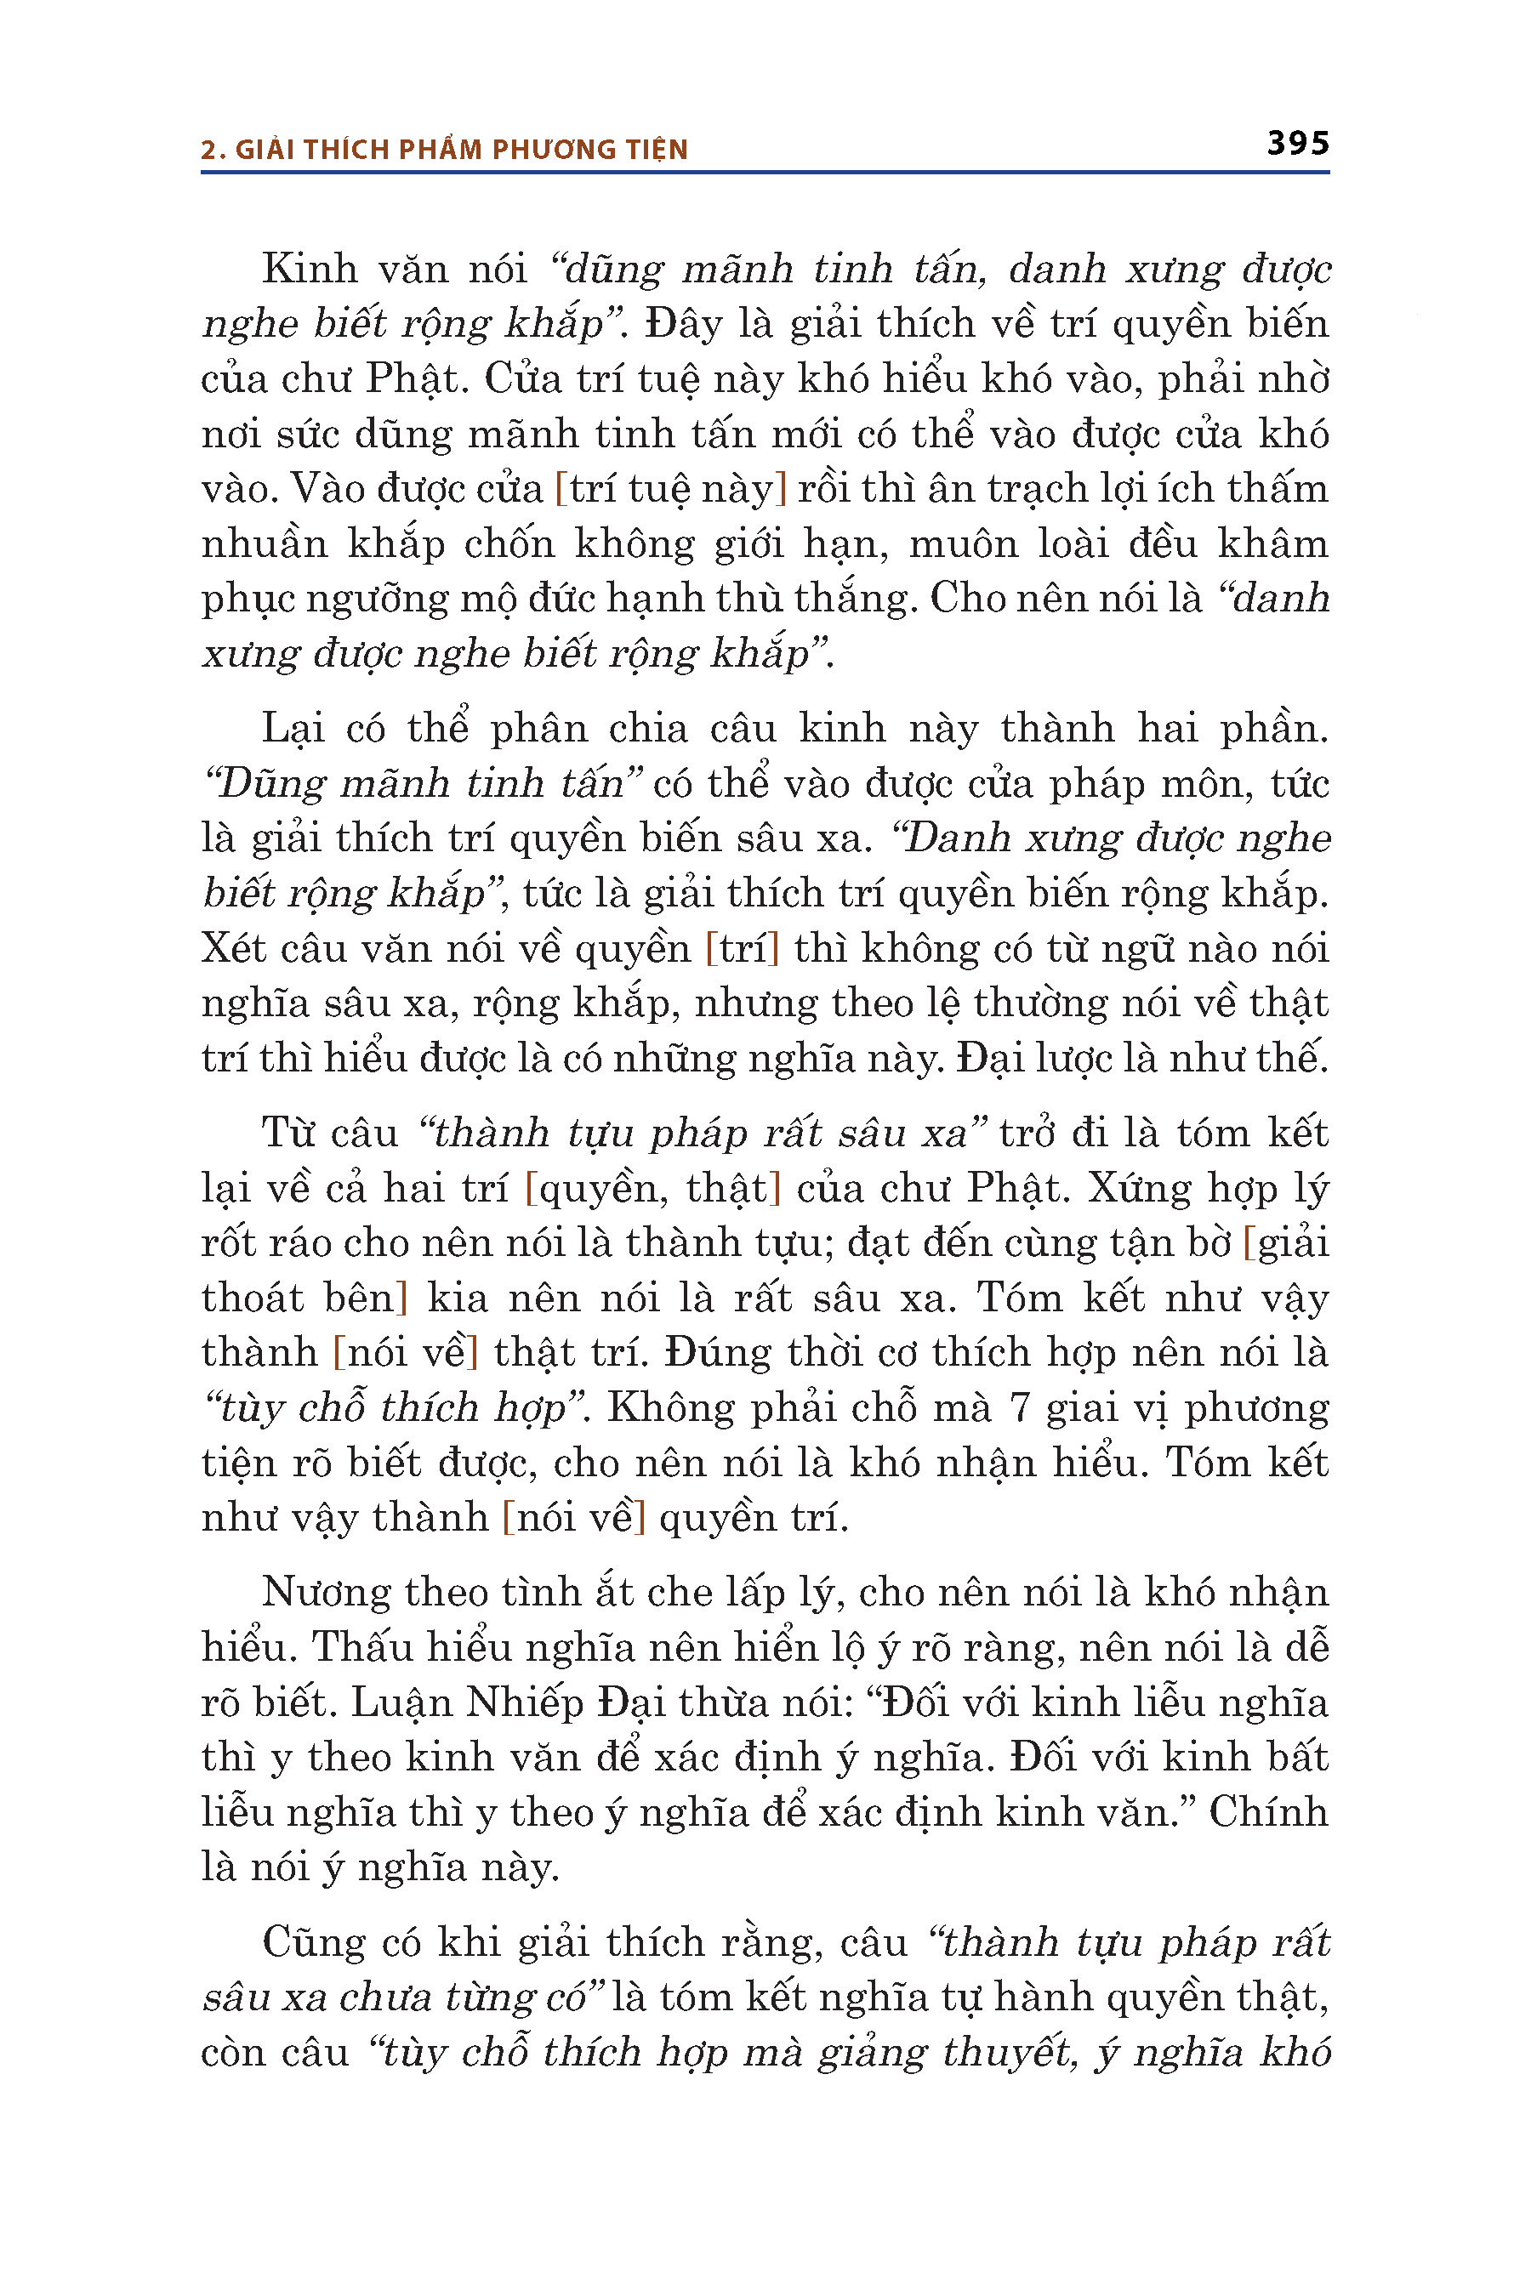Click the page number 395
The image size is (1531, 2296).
(x=1298, y=144)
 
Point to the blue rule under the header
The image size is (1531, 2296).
(x=765, y=173)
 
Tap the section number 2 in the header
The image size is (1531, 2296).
(x=207, y=150)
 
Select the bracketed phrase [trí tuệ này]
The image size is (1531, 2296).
(x=671, y=488)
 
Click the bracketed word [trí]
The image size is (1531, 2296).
(x=742, y=949)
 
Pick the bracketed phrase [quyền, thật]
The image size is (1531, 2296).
(x=653, y=1188)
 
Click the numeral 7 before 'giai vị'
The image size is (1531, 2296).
(x=1019, y=1407)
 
